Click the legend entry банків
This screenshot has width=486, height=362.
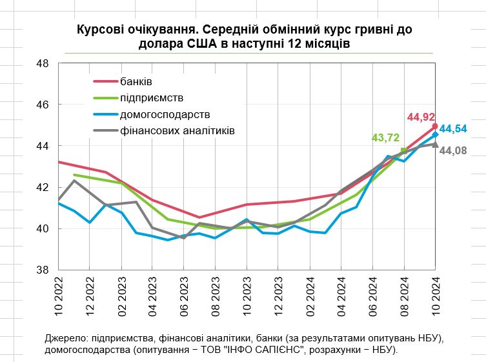click(x=136, y=81)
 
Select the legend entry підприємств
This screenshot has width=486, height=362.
click(x=152, y=98)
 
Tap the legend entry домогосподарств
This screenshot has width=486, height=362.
click(x=165, y=114)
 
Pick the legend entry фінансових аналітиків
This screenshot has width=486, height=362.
click(x=177, y=130)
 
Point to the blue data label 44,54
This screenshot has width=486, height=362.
click(x=453, y=128)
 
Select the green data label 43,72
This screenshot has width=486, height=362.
click(x=385, y=137)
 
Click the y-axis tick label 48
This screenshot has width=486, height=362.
click(x=43, y=63)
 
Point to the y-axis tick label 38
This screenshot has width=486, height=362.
click(x=43, y=270)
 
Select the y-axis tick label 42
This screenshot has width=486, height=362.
click(x=43, y=187)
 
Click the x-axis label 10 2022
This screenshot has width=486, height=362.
click(x=57, y=296)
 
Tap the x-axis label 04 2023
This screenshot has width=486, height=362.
click(x=152, y=296)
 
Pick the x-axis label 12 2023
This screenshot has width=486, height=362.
click(x=278, y=296)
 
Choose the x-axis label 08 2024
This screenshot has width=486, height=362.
click(x=404, y=296)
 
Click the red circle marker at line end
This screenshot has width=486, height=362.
click(x=435, y=126)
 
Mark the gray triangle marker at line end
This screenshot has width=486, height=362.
click(x=435, y=144)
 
